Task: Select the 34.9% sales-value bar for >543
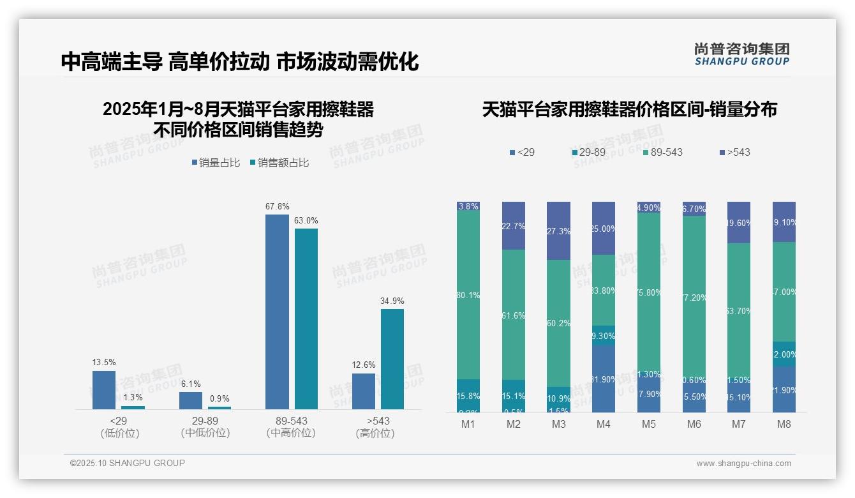(x=392, y=359)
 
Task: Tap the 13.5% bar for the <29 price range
(x=104, y=389)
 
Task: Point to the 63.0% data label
(x=306, y=220)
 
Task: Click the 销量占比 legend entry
(x=216, y=163)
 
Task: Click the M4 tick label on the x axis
(x=604, y=425)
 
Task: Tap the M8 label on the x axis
(x=784, y=425)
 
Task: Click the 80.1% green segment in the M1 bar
(x=468, y=295)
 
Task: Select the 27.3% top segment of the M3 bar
(x=559, y=231)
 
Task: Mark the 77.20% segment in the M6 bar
(x=694, y=298)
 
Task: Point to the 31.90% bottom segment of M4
(x=604, y=379)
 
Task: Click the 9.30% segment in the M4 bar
(x=604, y=335)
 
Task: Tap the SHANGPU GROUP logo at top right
(x=741, y=54)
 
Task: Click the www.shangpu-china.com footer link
(x=743, y=464)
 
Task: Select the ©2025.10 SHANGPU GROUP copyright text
(x=128, y=463)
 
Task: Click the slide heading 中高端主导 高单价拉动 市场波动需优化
(x=240, y=61)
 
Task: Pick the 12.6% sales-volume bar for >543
(x=364, y=391)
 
